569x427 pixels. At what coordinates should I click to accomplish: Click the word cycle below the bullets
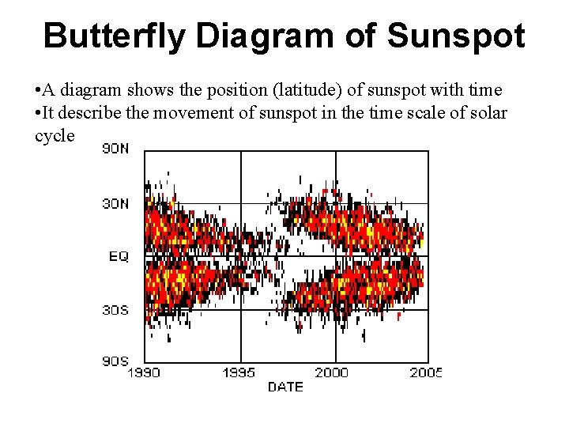pyautogui.click(x=55, y=135)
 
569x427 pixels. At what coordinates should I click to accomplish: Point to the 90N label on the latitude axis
pyautogui.click(x=115, y=149)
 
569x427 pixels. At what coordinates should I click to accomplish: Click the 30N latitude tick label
pyautogui.click(x=115, y=203)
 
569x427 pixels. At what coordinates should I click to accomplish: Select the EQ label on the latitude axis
pyautogui.click(x=119, y=256)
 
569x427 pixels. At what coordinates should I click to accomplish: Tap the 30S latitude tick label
pyautogui.click(x=115, y=310)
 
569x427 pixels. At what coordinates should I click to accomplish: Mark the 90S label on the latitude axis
pyautogui.click(x=115, y=361)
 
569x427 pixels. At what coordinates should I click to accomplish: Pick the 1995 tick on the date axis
pyautogui.click(x=239, y=372)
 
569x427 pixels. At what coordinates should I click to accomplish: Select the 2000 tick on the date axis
pyautogui.click(x=332, y=372)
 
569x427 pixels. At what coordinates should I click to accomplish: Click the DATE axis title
pyautogui.click(x=285, y=387)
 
